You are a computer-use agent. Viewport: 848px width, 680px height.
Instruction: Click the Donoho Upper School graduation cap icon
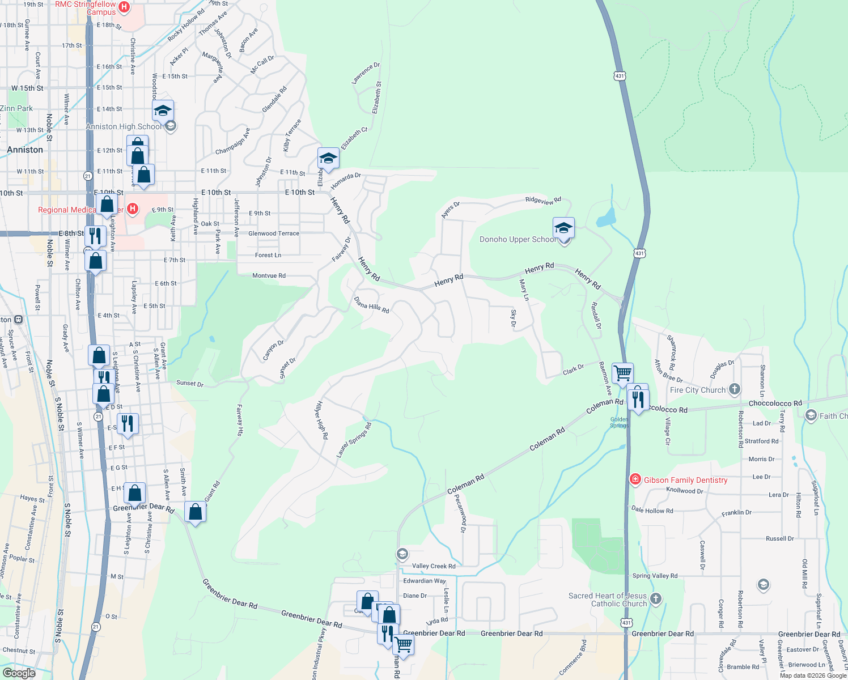tap(563, 228)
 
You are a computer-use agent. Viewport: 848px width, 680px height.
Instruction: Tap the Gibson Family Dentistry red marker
tap(635, 480)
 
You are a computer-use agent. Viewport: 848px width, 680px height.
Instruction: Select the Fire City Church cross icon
tap(735, 389)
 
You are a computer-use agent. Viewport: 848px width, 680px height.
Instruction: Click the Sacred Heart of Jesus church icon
tap(656, 598)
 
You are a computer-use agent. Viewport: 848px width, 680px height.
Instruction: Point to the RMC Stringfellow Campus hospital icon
tap(125, 7)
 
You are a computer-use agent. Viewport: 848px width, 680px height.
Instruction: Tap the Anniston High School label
tap(124, 126)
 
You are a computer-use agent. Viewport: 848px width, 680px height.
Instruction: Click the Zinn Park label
tap(16, 108)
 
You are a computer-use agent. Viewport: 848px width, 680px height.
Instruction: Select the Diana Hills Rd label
tap(372, 305)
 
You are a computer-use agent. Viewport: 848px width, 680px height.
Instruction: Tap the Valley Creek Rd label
tap(434, 566)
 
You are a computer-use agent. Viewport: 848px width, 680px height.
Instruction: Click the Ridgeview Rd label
tap(543, 200)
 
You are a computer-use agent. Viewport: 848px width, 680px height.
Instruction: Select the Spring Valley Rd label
tap(655, 576)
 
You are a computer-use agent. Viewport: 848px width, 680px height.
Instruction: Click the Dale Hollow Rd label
tap(652, 510)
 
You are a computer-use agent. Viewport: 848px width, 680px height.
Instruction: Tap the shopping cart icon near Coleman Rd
tap(622, 373)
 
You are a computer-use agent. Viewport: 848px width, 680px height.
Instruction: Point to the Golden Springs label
tap(619, 423)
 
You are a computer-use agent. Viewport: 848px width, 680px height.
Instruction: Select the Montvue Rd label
tap(269, 275)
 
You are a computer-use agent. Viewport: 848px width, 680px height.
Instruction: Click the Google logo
tap(19, 673)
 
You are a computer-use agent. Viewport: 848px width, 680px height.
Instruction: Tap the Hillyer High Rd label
tap(321, 420)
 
